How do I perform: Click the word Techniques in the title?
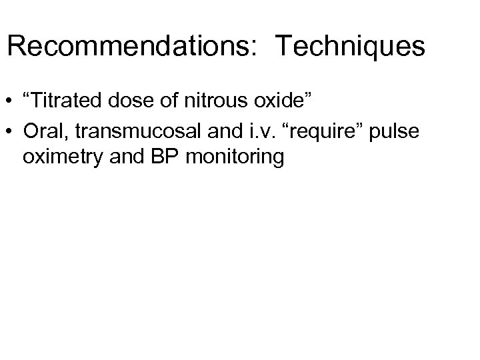point(349,47)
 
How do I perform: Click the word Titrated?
point(63,101)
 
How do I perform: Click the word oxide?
point(283,101)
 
